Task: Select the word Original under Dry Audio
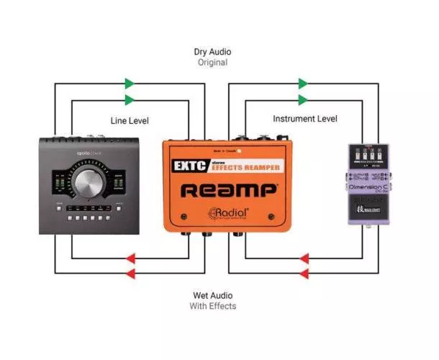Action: (x=212, y=63)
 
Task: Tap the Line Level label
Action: (x=130, y=120)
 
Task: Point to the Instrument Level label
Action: (x=304, y=118)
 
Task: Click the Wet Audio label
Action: (x=212, y=295)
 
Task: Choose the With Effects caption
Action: (x=212, y=306)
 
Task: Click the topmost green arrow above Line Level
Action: (x=130, y=84)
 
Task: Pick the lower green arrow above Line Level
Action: (x=130, y=100)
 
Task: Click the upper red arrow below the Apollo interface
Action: (x=130, y=258)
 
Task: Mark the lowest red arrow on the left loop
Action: (x=130, y=274)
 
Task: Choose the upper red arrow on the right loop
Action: (x=304, y=258)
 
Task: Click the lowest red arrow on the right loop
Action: (x=304, y=274)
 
